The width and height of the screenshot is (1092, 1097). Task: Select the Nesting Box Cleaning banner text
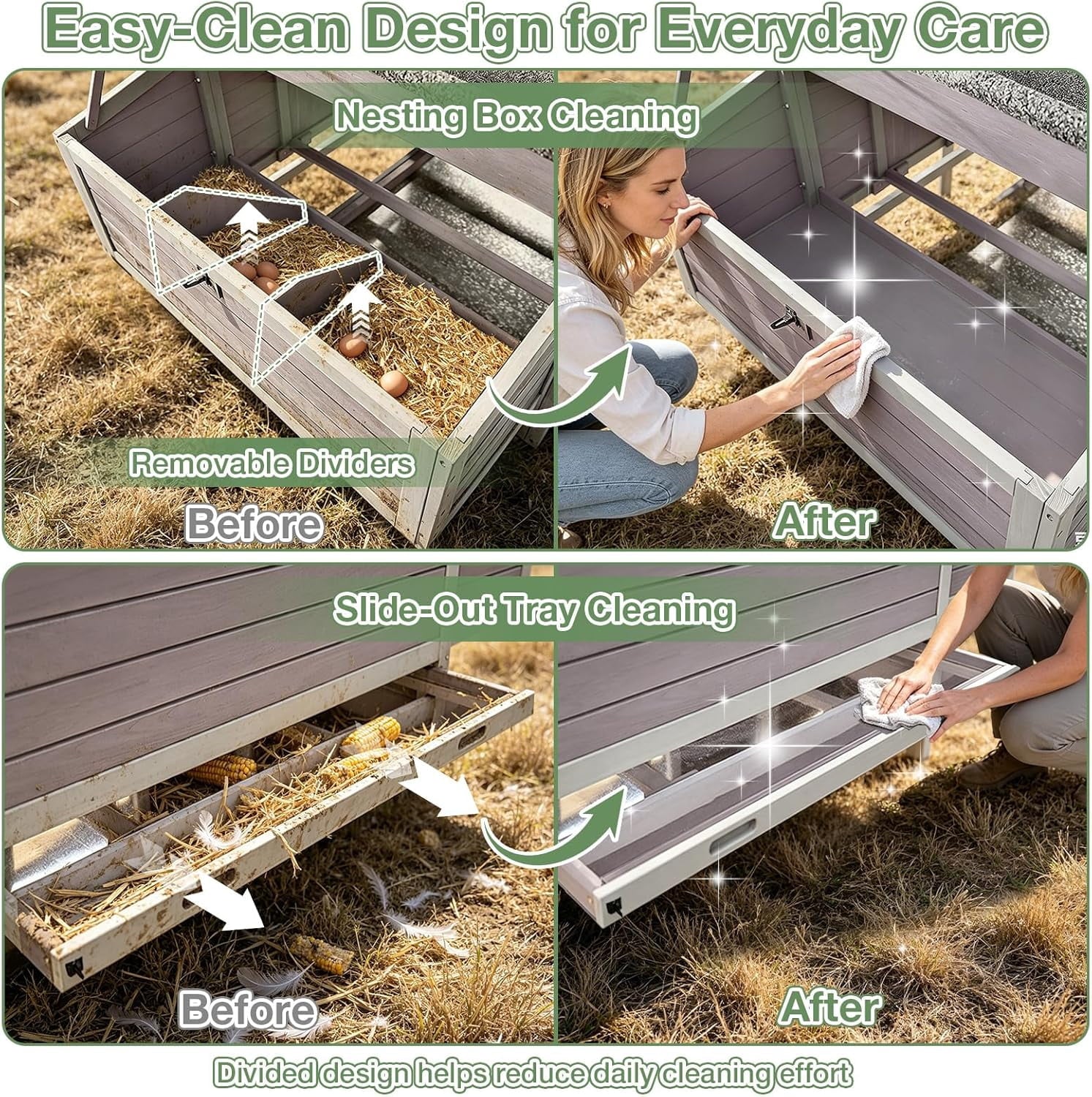(516, 116)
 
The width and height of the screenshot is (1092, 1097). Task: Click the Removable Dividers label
(271, 464)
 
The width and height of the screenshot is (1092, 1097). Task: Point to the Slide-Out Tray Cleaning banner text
(534, 608)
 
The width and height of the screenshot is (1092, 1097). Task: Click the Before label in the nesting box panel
(254, 524)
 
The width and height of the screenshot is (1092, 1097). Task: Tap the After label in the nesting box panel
(824, 521)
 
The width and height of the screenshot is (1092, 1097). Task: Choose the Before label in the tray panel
(249, 1010)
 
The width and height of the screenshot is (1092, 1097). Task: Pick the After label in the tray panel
(829, 1007)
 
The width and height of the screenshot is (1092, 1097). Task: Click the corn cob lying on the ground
(322, 954)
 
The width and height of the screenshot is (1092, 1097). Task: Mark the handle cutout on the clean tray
(732, 834)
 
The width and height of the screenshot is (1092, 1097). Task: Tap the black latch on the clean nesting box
(784, 319)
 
